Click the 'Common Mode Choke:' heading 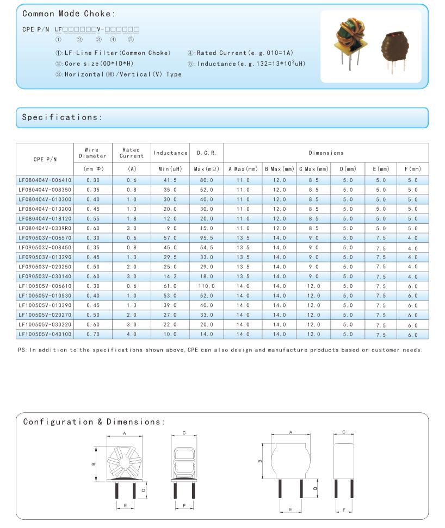tap(69, 14)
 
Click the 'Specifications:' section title tap(62, 117)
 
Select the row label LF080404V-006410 tap(45, 180)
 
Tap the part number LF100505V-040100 tap(45, 335)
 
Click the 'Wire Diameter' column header tap(92, 153)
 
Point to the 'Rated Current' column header tap(131, 153)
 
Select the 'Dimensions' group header tap(326, 153)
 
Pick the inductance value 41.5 tap(170, 180)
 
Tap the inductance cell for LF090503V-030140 tap(170, 276)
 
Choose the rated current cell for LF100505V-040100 tap(131, 335)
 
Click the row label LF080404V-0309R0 tap(45, 228)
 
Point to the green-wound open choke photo tap(350, 41)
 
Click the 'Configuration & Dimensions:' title tap(94, 422)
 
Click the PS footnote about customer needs tap(220, 350)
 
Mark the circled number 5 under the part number tap(131, 39)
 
